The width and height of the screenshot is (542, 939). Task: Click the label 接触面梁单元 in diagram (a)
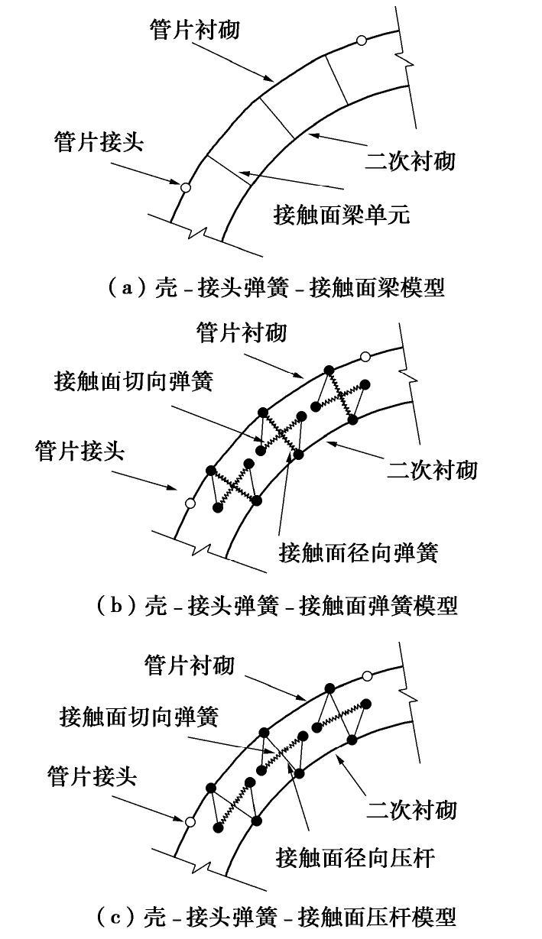(341, 214)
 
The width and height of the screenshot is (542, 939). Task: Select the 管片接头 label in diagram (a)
(99, 141)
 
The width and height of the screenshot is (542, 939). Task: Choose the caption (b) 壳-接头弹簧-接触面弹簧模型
(277, 605)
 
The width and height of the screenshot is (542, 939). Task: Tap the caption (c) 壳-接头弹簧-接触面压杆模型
(276, 915)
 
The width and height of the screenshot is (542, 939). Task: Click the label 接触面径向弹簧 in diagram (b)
(358, 552)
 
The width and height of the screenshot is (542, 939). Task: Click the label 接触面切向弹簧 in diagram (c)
(138, 717)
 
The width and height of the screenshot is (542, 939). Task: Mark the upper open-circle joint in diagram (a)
(361, 40)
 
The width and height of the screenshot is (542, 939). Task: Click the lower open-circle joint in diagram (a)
(185, 186)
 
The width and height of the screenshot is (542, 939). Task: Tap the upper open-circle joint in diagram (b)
(365, 356)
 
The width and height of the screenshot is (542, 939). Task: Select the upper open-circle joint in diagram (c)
(367, 675)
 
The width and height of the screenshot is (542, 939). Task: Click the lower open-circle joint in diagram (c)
(189, 822)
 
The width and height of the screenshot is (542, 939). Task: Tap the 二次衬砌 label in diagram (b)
(432, 468)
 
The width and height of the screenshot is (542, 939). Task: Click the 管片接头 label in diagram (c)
(91, 777)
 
